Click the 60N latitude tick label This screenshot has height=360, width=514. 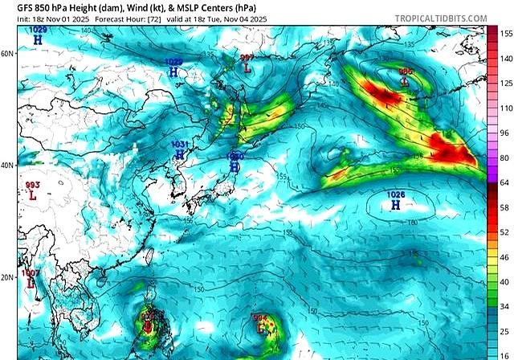point(7,54)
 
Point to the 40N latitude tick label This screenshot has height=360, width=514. point(7,166)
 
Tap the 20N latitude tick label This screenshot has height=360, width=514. point(7,277)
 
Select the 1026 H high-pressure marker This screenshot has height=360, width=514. point(395,202)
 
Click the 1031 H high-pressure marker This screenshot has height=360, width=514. point(180,149)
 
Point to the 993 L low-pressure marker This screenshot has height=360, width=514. point(32,190)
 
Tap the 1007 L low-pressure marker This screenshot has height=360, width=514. point(31,279)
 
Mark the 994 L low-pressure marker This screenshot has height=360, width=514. point(260,324)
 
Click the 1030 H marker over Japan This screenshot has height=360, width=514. point(234,162)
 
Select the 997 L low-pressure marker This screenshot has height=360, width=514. point(247,63)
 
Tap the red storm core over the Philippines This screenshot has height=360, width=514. point(148,328)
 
